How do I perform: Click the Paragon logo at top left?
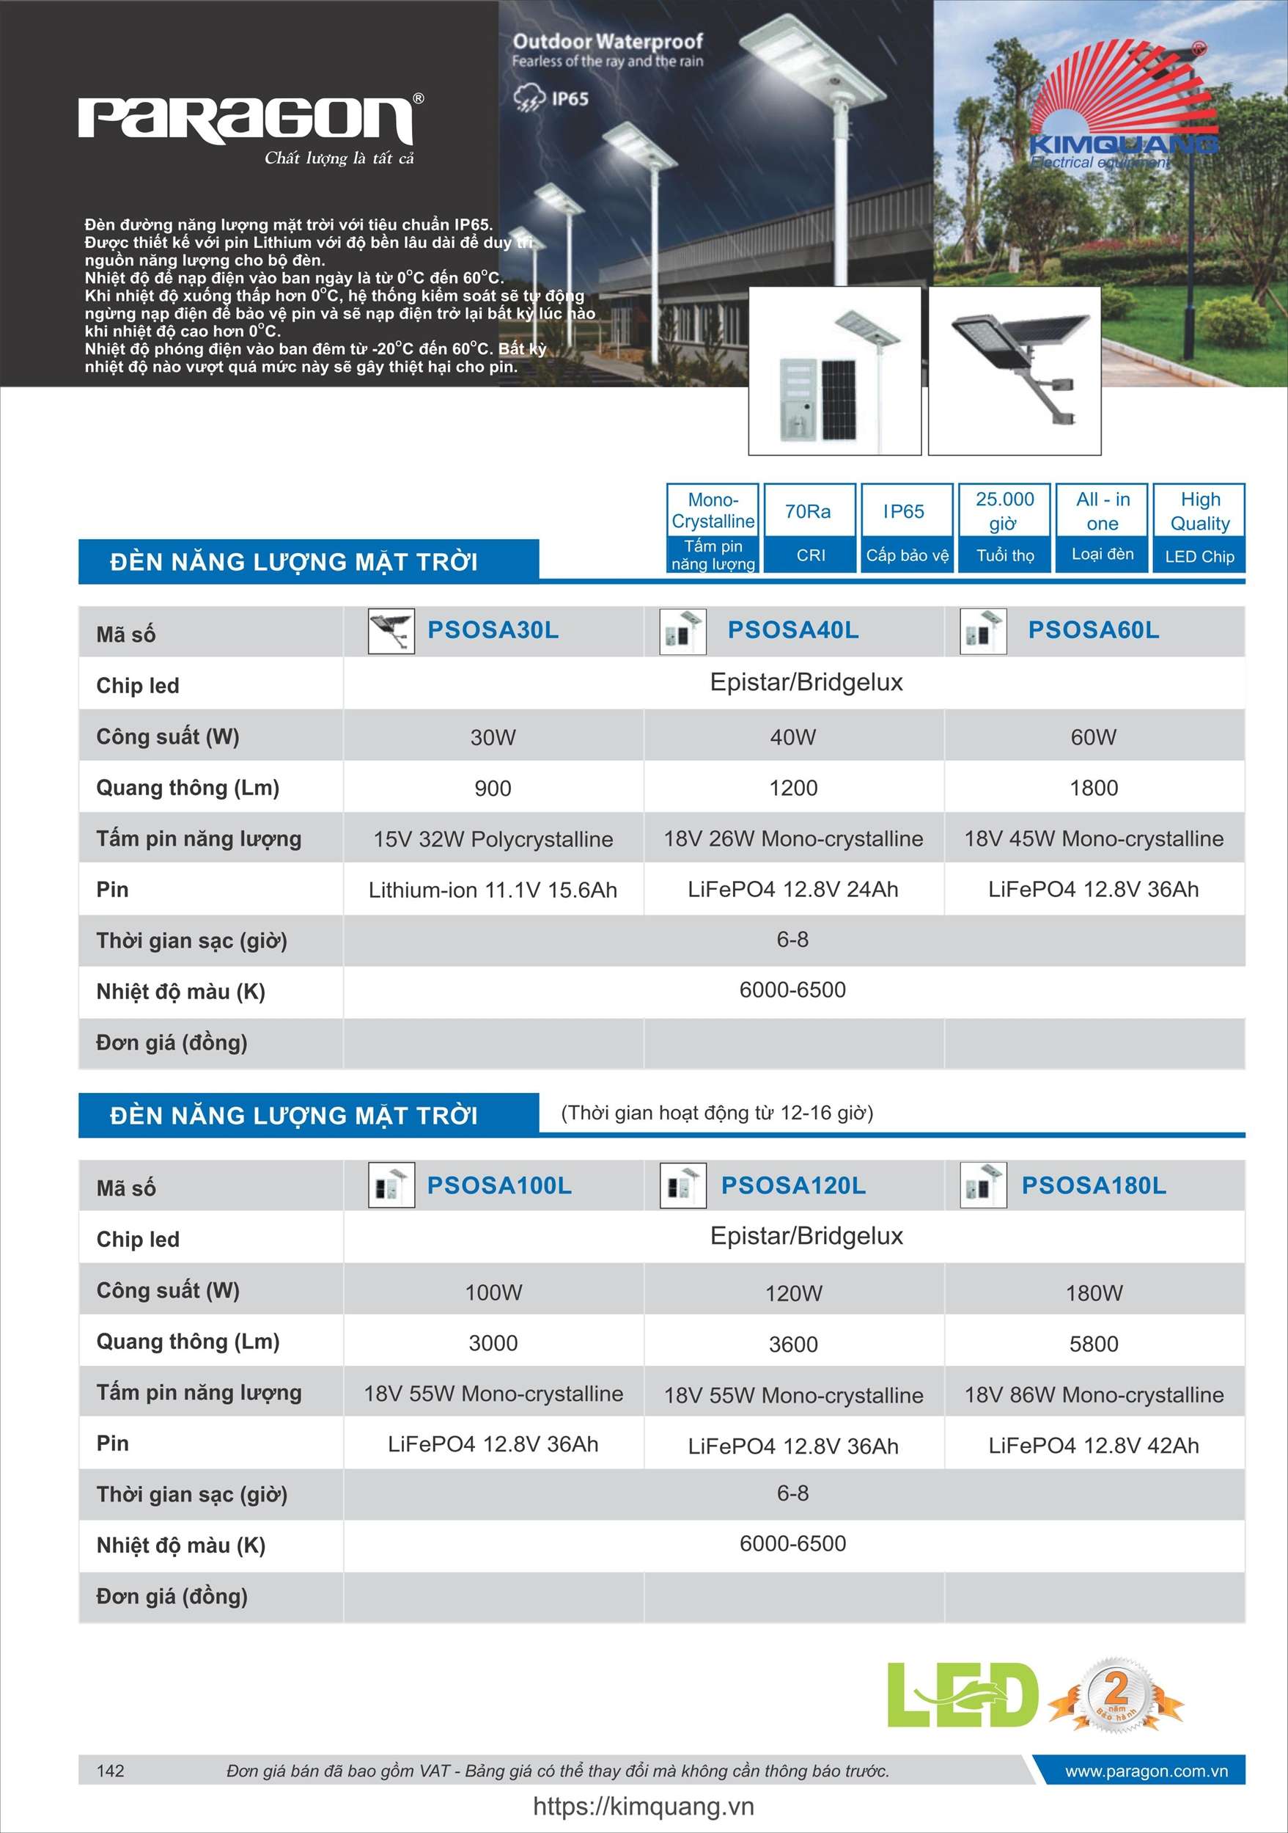click(246, 121)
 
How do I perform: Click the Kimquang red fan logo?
click(1123, 107)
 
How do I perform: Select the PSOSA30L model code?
click(493, 630)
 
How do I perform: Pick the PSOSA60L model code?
click(1093, 630)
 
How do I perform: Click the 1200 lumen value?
click(793, 788)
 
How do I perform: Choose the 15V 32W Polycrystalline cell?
click(493, 839)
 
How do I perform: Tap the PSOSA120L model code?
click(793, 1185)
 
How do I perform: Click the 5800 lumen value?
click(1093, 1344)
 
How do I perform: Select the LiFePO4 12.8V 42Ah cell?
click(1093, 1445)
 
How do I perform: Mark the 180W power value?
click(1093, 1293)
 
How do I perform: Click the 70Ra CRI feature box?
click(809, 527)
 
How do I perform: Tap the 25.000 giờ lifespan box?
click(1005, 527)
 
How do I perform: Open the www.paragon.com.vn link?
click(1146, 1771)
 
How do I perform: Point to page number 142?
click(110, 1771)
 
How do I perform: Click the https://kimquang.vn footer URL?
click(643, 1807)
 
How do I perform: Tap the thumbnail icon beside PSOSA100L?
click(391, 1185)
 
